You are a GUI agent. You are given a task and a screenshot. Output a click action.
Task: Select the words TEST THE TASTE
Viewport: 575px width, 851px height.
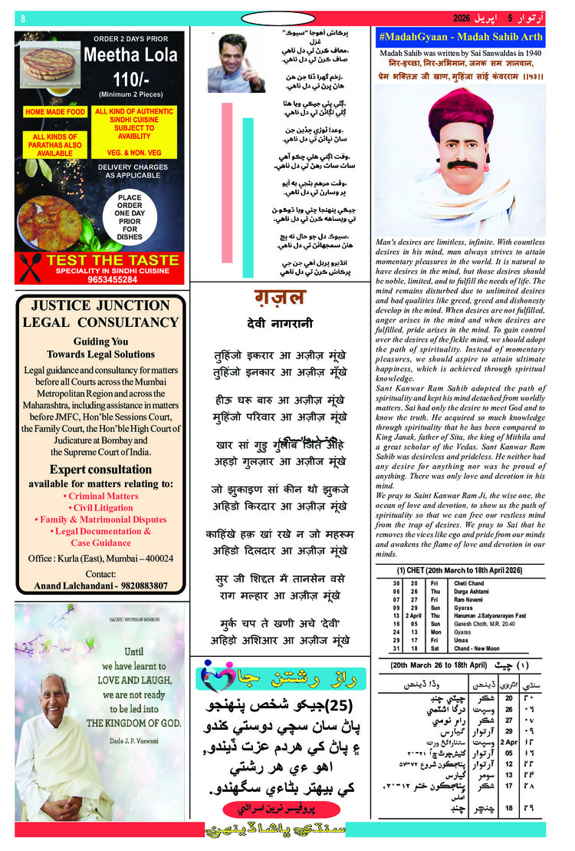point(112,261)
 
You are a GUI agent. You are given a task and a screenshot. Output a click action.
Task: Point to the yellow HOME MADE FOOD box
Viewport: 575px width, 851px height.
point(55,112)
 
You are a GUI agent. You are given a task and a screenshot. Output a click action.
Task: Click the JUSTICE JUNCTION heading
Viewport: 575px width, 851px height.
point(100,305)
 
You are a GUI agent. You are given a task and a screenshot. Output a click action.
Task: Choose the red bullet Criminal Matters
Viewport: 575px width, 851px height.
point(100,496)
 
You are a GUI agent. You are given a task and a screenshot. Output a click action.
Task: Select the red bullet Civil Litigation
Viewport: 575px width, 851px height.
point(100,508)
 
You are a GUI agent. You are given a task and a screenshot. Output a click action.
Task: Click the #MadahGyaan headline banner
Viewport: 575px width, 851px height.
point(462,37)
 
